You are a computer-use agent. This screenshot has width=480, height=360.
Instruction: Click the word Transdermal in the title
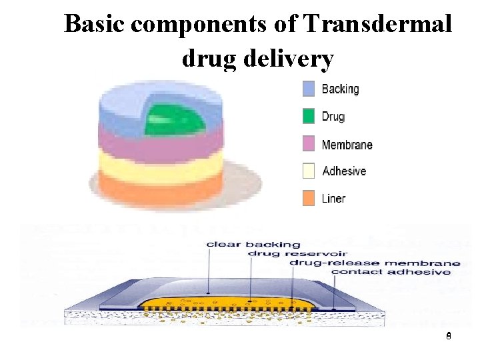tap(377, 25)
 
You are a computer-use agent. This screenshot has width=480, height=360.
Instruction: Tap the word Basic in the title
tap(95, 25)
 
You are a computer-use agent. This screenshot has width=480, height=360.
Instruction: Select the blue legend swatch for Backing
tap(309, 89)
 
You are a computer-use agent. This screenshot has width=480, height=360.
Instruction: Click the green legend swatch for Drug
tap(309, 116)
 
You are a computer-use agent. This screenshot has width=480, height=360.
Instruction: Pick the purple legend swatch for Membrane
tap(309, 144)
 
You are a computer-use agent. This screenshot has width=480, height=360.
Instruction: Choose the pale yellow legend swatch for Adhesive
tap(309, 171)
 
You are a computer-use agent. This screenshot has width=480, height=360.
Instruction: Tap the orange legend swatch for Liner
tap(309, 198)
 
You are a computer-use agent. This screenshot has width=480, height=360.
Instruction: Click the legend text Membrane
tap(347, 145)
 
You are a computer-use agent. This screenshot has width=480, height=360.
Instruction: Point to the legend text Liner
tap(333, 198)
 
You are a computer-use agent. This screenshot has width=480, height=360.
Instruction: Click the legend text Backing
tap(340, 89)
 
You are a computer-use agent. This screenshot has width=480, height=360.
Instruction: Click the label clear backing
tap(253, 244)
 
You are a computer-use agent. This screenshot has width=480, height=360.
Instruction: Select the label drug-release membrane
tap(374, 263)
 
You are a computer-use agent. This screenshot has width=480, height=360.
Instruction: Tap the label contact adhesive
tap(391, 272)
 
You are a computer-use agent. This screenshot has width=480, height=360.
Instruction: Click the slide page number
tap(449, 337)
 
